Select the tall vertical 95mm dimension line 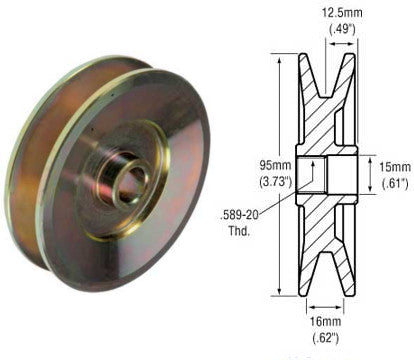tap(281, 110)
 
